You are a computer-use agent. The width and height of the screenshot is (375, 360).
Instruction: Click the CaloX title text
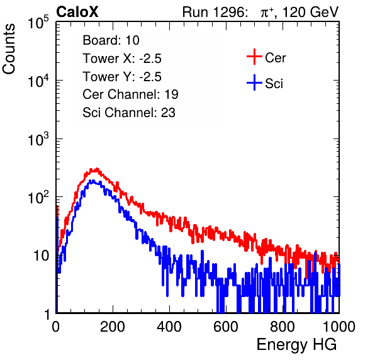point(77,12)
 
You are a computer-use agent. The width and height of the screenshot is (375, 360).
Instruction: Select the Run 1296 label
point(215,12)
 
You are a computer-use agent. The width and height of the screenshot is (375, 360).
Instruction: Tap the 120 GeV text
point(310,12)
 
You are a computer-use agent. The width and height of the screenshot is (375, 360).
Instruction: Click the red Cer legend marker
point(254,57)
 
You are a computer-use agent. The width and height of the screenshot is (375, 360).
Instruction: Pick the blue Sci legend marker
point(254,82)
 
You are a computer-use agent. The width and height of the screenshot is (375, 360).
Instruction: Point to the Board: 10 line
point(111,40)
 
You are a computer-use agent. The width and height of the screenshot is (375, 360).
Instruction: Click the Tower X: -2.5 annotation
point(122,59)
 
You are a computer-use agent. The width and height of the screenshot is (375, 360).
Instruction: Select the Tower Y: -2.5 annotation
point(122,77)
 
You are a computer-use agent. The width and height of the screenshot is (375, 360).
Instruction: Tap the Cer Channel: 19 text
point(130,94)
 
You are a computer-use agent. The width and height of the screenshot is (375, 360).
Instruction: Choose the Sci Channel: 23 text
point(129,113)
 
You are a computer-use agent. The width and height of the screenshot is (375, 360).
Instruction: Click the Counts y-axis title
point(9,48)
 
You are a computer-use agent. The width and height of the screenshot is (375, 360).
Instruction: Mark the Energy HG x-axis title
point(296,345)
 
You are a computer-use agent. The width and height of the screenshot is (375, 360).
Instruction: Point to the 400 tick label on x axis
point(169,327)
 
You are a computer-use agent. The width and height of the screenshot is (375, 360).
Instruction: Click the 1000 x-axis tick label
point(339,327)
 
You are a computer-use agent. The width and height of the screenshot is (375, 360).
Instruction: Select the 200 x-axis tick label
point(113,327)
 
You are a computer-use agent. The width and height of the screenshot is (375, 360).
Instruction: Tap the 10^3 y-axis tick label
point(38,138)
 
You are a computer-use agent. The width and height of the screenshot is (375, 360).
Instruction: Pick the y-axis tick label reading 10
point(41,256)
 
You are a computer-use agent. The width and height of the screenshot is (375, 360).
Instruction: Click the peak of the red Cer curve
point(97,169)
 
